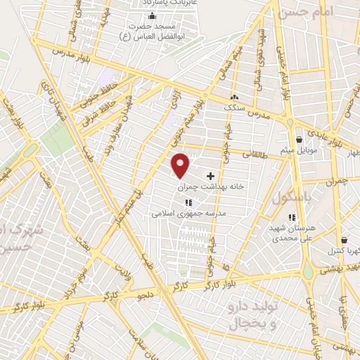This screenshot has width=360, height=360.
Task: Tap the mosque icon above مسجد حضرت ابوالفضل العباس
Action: [x=152, y=16]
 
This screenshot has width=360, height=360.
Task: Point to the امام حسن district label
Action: [x=304, y=12]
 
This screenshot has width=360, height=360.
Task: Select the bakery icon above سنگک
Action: [x=233, y=97]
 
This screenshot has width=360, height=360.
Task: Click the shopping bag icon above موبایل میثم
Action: [x=300, y=139]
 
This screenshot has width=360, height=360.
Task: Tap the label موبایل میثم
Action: [x=301, y=151]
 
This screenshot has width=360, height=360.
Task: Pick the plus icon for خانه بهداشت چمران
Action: [x=210, y=175]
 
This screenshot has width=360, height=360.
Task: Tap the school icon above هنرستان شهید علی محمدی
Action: [x=294, y=217]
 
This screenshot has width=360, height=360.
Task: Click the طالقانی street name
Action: [x=255, y=152]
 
